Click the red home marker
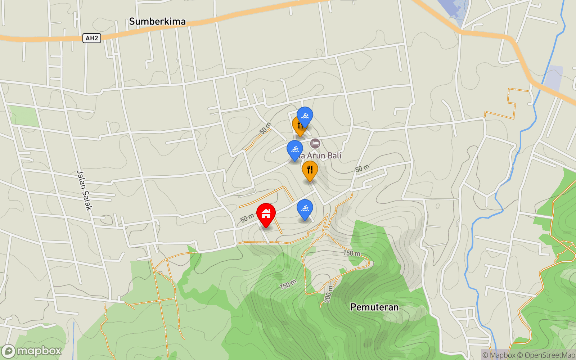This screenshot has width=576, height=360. (x=266, y=214)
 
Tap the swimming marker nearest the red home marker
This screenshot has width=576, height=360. (x=305, y=209)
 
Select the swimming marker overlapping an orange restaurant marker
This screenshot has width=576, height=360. (x=305, y=116)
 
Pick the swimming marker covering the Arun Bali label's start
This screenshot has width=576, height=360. (x=295, y=149)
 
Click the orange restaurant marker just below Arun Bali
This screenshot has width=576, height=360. (x=310, y=170)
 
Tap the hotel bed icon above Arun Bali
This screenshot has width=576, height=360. (x=315, y=143)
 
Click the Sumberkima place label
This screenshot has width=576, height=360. (x=157, y=22)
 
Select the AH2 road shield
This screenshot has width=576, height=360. (x=92, y=38)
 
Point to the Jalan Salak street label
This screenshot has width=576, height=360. (x=85, y=190)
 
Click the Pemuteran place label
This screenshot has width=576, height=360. (x=374, y=307)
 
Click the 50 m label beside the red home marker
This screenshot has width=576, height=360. (x=247, y=218)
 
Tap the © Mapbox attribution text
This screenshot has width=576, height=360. (x=499, y=355)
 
